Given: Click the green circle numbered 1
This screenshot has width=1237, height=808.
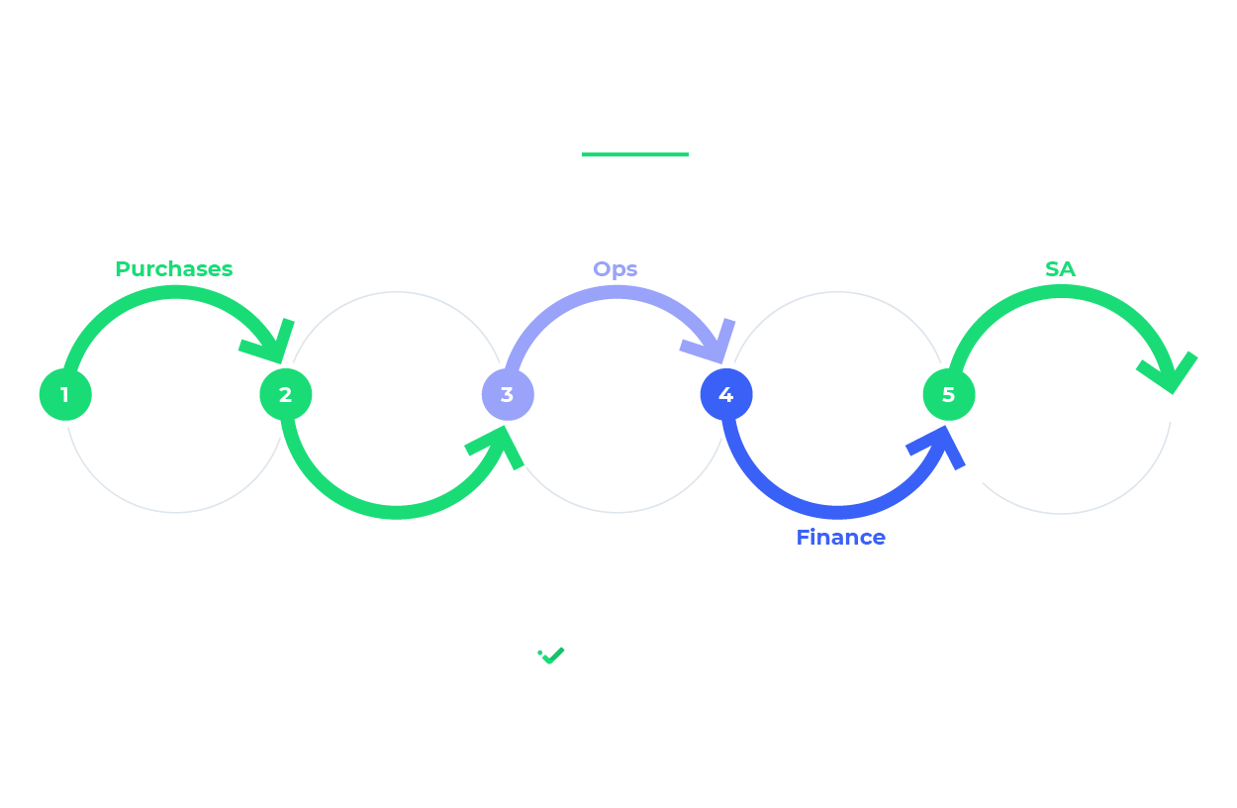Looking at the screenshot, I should (x=65, y=394).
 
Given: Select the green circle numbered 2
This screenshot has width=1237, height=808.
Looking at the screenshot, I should (x=286, y=394).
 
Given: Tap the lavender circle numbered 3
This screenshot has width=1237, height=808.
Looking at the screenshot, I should (x=508, y=394).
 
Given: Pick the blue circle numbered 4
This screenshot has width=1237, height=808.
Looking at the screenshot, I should (x=726, y=394).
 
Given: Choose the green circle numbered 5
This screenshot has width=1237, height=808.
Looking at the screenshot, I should (x=949, y=394).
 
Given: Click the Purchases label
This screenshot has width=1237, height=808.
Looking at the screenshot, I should (x=173, y=269).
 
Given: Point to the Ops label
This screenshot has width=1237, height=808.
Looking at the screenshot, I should (x=615, y=269).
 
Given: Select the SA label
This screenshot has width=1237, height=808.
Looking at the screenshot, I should (x=1060, y=269).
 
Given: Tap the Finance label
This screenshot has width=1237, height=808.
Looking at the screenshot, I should (x=840, y=538).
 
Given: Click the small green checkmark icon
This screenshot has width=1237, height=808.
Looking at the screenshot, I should (x=552, y=656).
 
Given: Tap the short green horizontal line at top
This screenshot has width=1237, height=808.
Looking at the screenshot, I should (x=634, y=154).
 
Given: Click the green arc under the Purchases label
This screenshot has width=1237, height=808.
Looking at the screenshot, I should (x=173, y=291).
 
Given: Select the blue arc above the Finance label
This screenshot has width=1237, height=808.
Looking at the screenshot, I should (x=837, y=512).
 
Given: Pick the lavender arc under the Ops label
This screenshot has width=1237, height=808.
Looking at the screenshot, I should (x=614, y=291).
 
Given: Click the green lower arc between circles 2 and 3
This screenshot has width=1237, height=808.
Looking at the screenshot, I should (x=396, y=512).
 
